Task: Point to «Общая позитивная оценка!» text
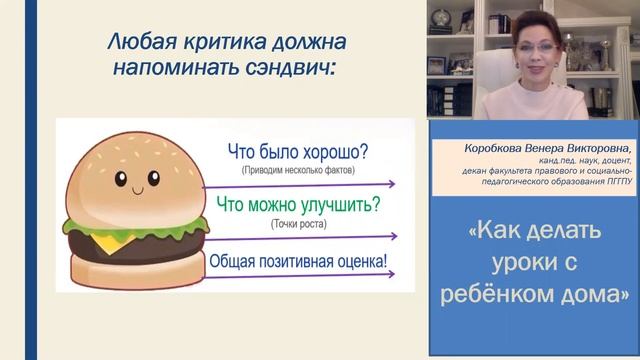299,261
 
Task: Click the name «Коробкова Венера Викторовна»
530,146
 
